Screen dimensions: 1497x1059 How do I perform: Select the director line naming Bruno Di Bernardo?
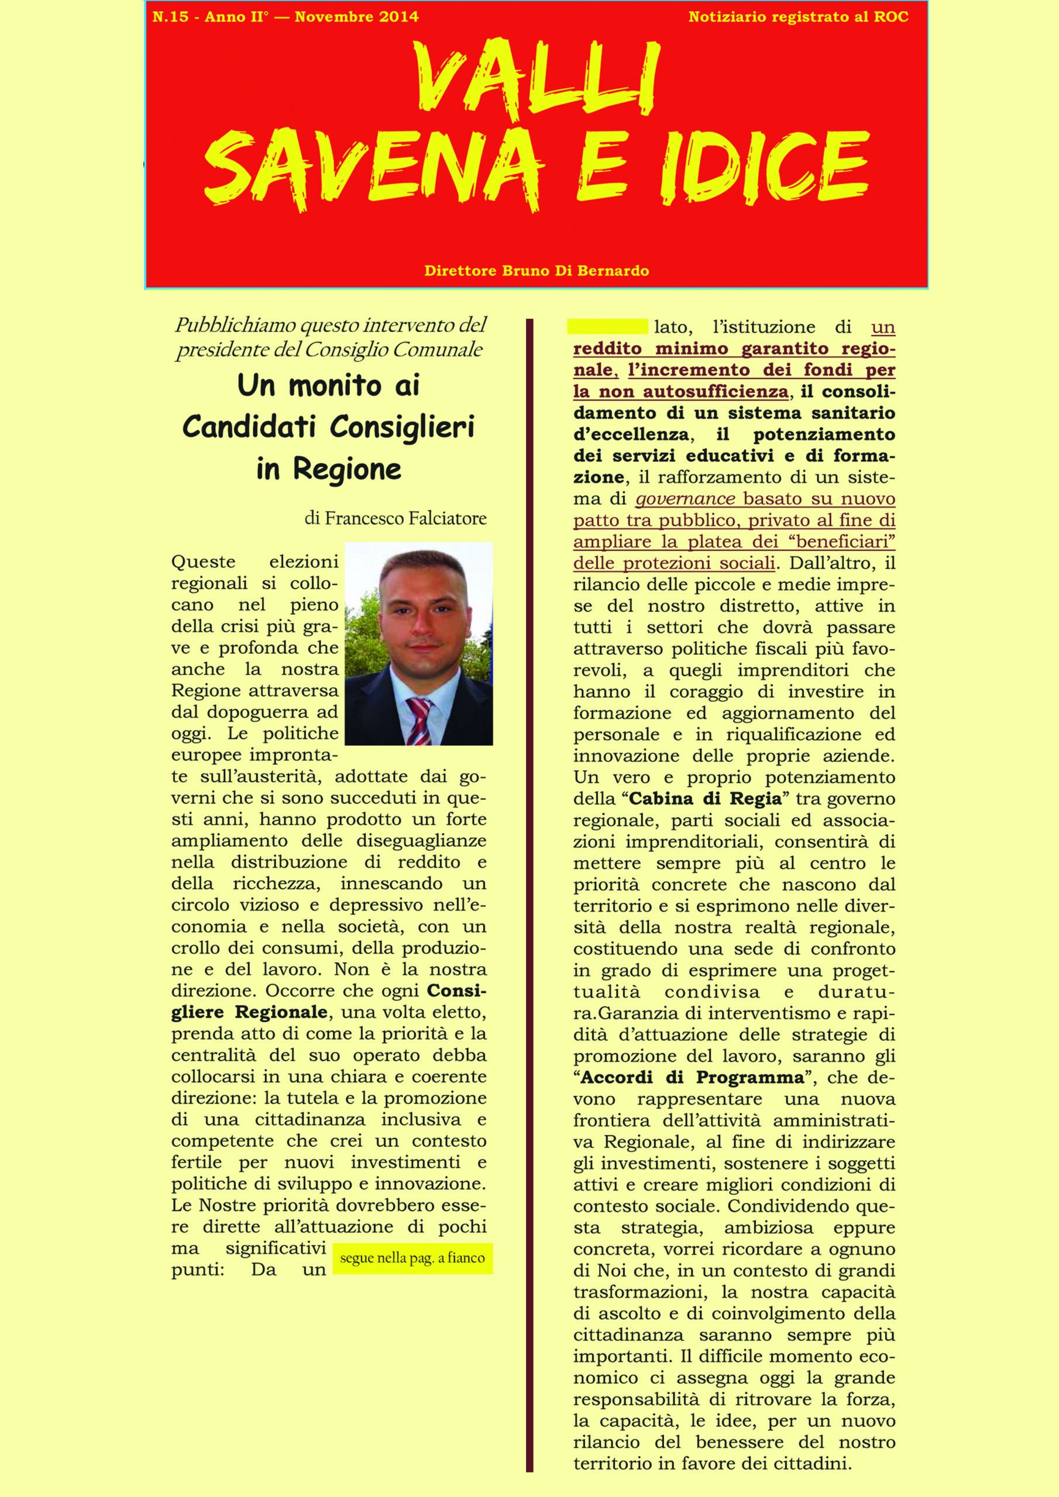537,270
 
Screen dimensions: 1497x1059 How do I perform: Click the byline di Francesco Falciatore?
396,519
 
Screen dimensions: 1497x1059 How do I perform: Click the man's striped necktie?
418,722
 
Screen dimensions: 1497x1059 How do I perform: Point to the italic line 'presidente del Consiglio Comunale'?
329,350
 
